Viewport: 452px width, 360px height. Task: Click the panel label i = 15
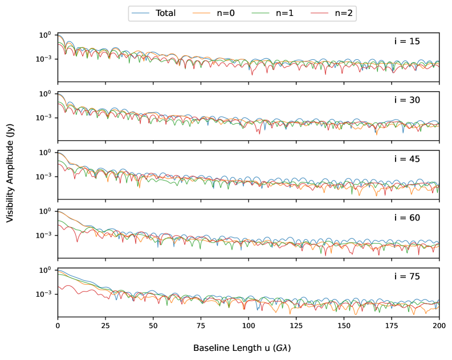pyautogui.click(x=407, y=42)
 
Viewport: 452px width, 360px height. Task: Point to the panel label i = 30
pyautogui.click(x=407, y=100)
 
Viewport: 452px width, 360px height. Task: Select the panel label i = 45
pyautogui.click(x=407, y=159)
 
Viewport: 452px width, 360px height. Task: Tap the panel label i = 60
pyautogui.click(x=407, y=218)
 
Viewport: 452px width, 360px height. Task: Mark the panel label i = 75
pyautogui.click(x=407, y=277)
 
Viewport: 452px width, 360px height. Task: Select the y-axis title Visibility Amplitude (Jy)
pyautogui.click(x=10, y=174)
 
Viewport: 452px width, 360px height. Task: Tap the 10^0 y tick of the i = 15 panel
pyautogui.click(x=45, y=35)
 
